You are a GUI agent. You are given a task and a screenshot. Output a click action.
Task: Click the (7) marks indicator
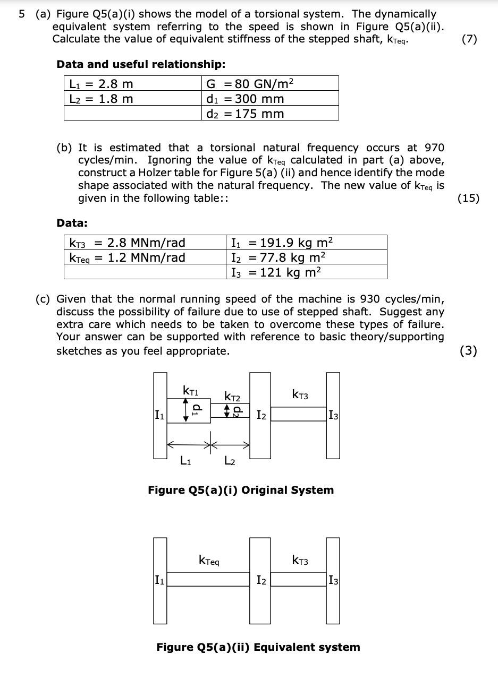pos(469,39)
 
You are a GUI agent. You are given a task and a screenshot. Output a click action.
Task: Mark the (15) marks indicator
pos(468,198)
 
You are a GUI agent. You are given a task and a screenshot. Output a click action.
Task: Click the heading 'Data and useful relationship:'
pos(141,64)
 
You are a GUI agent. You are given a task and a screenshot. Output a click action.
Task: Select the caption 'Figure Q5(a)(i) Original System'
pos(241,489)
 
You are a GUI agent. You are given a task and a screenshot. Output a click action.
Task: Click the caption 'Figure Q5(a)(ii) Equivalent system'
pos(258,647)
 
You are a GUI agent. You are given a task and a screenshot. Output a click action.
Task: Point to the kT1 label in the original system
pos(190,391)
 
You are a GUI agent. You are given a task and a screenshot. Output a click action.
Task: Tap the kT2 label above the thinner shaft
pos(232,397)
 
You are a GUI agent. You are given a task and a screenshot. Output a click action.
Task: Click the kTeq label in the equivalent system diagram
pos(209,560)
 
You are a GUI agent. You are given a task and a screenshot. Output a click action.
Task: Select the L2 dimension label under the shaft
pos(230,461)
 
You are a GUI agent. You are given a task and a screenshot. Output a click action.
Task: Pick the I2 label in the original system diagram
pos(261,415)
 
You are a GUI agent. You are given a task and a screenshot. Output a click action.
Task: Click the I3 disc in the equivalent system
pos(333,580)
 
